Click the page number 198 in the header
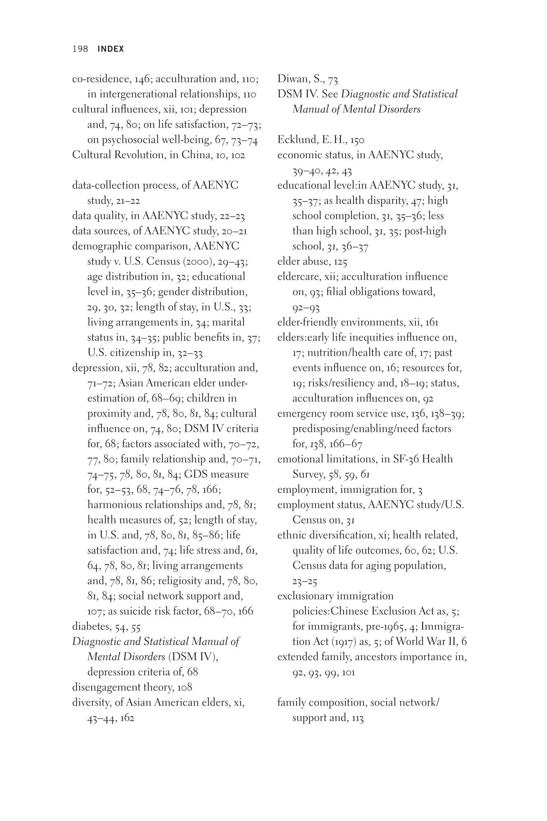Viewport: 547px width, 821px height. pyautogui.click(x=80, y=49)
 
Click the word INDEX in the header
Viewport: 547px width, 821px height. pyautogui.click(x=111, y=49)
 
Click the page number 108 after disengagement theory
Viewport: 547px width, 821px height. pyautogui.click(x=185, y=687)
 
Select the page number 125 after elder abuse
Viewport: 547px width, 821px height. pyautogui.click(x=340, y=261)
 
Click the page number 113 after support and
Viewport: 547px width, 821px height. pyautogui.click(x=358, y=718)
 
